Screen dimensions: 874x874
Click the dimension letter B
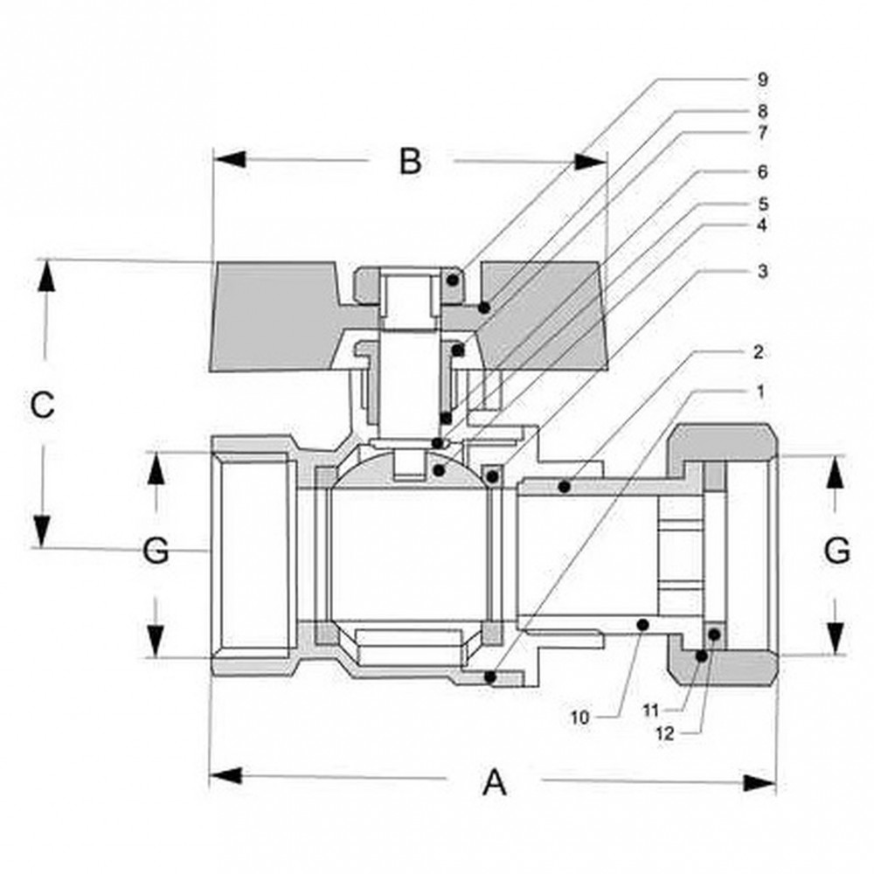[x=410, y=161]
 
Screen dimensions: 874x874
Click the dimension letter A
[x=495, y=782]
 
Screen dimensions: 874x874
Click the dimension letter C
[x=42, y=406]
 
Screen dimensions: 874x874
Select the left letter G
[x=156, y=551]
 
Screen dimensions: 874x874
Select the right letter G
[x=836, y=550]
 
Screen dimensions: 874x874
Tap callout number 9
[x=762, y=80]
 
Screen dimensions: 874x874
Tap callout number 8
[x=762, y=112]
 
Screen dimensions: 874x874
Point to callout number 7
[x=762, y=133]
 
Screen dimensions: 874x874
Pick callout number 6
[x=762, y=171]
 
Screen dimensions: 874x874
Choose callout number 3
[x=762, y=272]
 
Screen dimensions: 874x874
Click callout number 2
[x=758, y=351]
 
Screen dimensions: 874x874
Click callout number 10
[x=579, y=718]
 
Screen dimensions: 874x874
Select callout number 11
[x=650, y=710]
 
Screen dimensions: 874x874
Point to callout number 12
[x=665, y=734]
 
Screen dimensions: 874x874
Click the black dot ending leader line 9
[x=453, y=280]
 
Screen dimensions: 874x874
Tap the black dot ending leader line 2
[x=564, y=487]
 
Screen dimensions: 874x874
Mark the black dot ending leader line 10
[x=642, y=624]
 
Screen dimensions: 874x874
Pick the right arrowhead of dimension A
[x=760, y=783]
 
